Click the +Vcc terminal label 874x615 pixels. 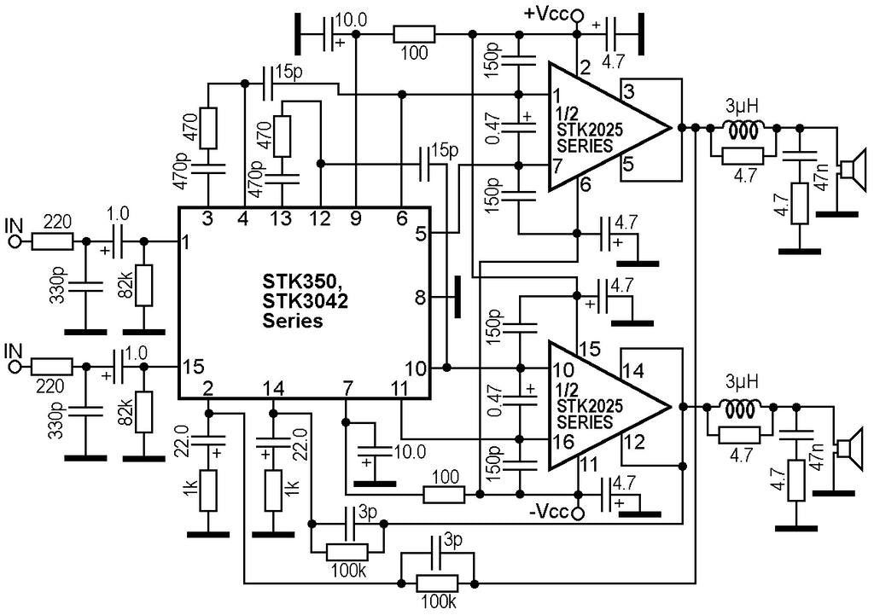point(545,14)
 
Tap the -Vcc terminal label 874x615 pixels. point(549,512)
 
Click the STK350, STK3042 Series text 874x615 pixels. point(305,300)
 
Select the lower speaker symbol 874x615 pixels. point(851,449)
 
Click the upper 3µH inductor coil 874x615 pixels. point(743,130)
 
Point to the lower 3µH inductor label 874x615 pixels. point(742,382)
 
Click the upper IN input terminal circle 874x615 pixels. point(14,241)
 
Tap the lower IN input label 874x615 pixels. point(14,351)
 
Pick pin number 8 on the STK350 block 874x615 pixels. point(419,298)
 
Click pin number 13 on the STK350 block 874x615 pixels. point(282,218)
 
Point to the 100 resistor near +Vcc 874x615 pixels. point(414,34)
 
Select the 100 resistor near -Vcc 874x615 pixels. point(444,494)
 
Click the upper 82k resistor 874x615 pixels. point(143,286)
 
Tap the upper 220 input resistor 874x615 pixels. point(52,241)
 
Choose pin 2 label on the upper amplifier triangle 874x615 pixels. point(585,68)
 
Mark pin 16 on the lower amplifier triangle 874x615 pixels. point(564,441)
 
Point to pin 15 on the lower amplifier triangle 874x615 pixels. point(590,349)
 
